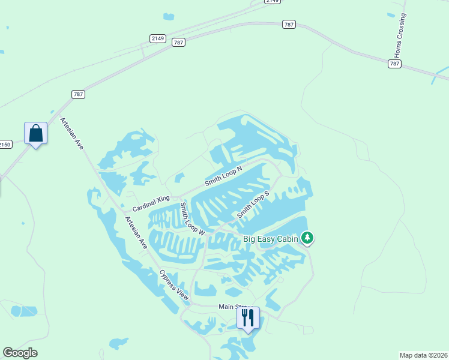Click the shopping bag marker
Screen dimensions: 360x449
click(35, 133)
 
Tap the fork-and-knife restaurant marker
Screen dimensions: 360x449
click(248, 317)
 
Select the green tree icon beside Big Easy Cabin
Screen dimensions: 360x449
click(307, 238)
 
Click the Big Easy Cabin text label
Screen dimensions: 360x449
click(270, 239)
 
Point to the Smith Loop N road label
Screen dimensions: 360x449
click(223, 175)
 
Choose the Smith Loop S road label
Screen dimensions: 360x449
click(253, 205)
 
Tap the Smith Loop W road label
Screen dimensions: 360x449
click(192, 218)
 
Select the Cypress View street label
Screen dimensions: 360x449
click(174, 285)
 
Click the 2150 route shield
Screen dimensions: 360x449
click(5, 144)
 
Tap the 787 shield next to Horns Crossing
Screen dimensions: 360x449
click(394, 64)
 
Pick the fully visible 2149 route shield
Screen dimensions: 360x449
click(158, 38)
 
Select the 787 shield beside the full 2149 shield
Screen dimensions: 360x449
click(178, 43)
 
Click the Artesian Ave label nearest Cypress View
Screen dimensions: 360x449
click(136, 232)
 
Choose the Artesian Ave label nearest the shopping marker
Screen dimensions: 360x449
click(71, 133)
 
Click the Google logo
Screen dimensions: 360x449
click(20, 353)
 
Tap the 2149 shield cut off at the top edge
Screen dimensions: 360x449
click(273, 2)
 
